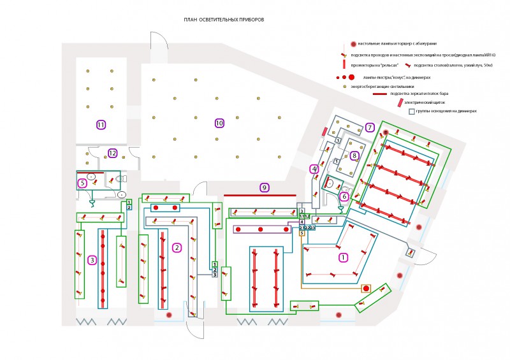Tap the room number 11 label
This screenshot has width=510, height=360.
coord(101,124)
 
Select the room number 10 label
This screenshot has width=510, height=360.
coord(219,123)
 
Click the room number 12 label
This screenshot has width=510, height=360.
coord(112,153)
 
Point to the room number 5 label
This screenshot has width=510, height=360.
coord(82,184)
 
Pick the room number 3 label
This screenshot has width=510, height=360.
coord(92,260)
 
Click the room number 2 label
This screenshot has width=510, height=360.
coord(177,248)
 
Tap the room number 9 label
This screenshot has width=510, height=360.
coord(265,187)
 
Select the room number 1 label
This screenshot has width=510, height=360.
coord(344,258)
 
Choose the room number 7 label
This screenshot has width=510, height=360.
coord(370,127)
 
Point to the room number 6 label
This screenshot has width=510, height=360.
coord(345,197)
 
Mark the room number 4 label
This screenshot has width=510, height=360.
coord(314,169)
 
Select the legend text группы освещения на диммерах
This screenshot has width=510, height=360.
coord(446,112)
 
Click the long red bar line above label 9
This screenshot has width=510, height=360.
coord(259,194)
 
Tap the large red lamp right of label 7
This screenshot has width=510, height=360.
coord(386,131)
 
